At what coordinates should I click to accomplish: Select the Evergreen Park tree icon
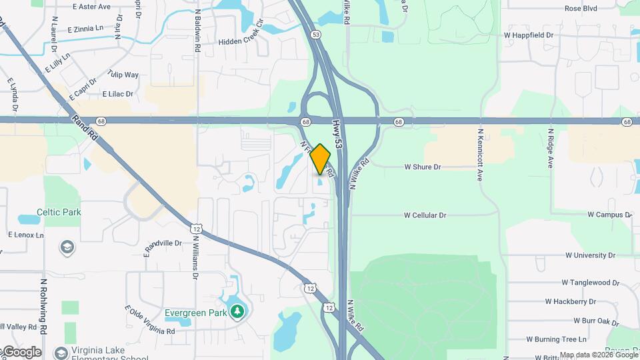point(237,311)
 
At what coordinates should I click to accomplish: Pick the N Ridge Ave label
point(551,148)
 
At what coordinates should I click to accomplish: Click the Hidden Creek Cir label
point(241,41)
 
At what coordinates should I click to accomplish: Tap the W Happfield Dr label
point(529,34)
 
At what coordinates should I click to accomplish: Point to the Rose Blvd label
point(580,9)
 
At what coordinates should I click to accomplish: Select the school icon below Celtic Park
point(67,248)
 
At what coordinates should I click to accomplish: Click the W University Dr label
point(590,255)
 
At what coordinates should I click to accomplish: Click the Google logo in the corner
point(21,351)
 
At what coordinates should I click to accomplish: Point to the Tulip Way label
point(123,75)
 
